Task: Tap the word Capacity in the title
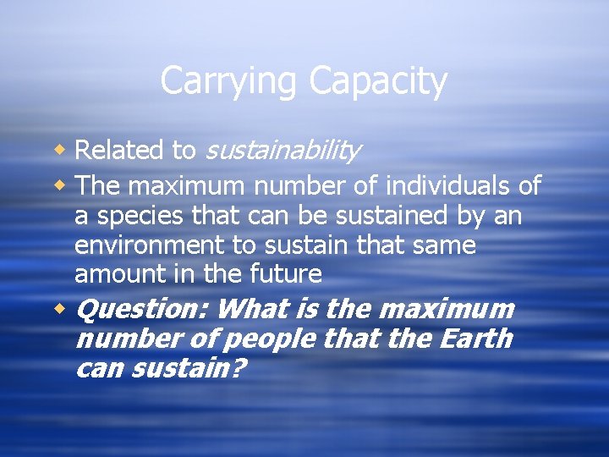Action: (x=377, y=82)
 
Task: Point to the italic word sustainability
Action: (x=283, y=151)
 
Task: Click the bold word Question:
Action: (x=142, y=309)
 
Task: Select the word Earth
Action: (x=475, y=339)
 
